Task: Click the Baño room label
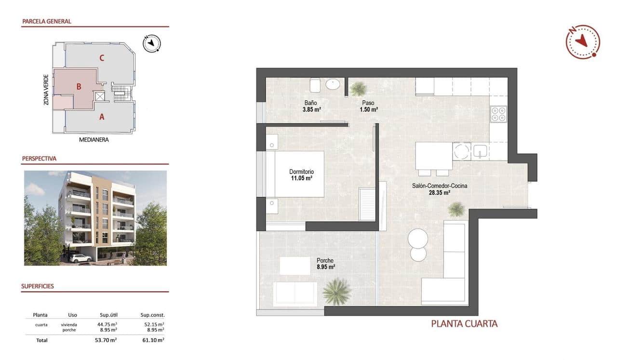(310, 103)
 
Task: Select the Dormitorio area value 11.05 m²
(301, 178)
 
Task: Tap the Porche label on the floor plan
(325, 261)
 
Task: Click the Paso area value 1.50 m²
(368, 109)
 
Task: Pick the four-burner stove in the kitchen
(498, 114)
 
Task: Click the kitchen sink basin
(481, 152)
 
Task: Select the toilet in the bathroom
(315, 85)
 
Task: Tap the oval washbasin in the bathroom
(333, 85)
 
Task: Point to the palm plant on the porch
(336, 292)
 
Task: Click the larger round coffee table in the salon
(417, 238)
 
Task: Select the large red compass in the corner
(583, 42)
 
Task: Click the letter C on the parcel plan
(102, 58)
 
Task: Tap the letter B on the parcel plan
(79, 87)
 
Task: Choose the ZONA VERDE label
(46, 90)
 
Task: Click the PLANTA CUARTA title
(464, 324)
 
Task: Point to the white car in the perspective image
(80, 258)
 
